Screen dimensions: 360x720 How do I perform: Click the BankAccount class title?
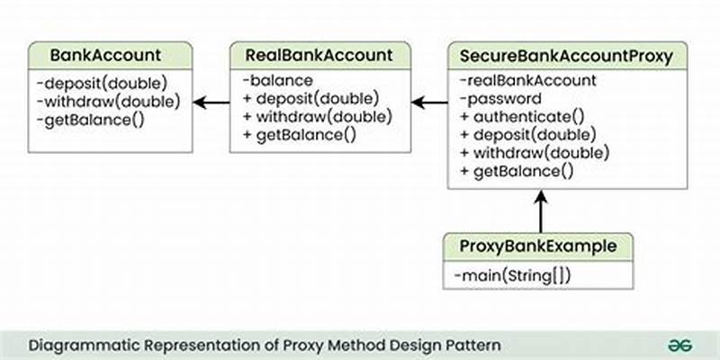coord(106,55)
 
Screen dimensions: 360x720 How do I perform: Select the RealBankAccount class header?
coord(319,55)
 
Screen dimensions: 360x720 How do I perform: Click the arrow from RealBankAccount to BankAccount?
coord(211,102)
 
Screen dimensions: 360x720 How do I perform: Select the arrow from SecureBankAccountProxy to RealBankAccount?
coord(429,102)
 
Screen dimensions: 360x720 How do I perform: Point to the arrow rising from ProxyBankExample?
coord(541,211)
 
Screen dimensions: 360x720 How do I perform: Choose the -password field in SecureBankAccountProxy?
coord(499,99)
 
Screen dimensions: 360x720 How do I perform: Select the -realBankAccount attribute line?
coord(527,81)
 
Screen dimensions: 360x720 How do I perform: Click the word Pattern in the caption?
coord(473,345)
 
